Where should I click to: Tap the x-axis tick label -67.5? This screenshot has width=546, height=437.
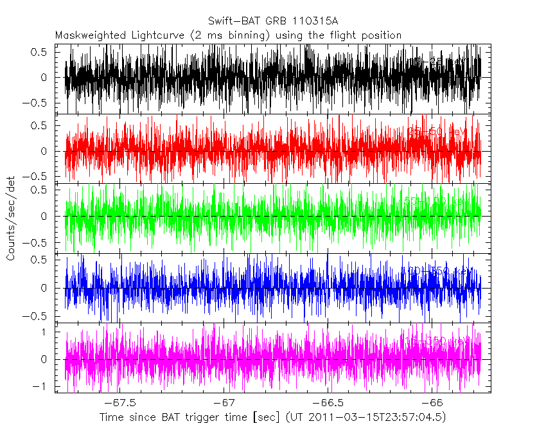click(x=121, y=404)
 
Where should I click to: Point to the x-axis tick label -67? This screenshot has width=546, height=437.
click(x=224, y=404)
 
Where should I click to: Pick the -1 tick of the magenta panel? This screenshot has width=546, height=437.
click(x=42, y=386)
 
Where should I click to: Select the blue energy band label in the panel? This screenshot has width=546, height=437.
click(x=437, y=271)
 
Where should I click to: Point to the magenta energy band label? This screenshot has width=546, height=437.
click(x=437, y=340)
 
